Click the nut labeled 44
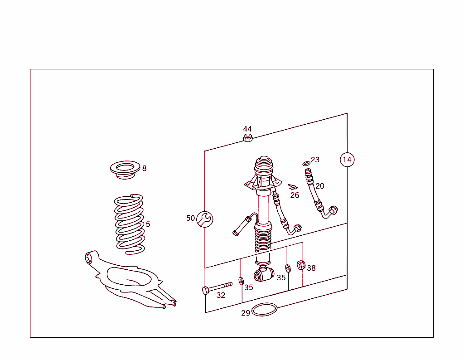pyautogui.click(x=247, y=138)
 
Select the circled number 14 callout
pyautogui.click(x=347, y=160)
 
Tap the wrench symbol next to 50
pyautogui.click(x=205, y=219)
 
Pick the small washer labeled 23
pyautogui.click(x=306, y=163)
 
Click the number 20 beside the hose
pyautogui.click(x=320, y=186)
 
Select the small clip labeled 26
pyautogui.click(x=293, y=187)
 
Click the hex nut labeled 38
pyautogui.click(x=300, y=265)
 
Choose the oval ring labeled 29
pyautogui.click(x=264, y=310)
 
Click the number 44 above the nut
pyautogui.click(x=247, y=129)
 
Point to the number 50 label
pyautogui.click(x=190, y=218)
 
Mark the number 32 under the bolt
pyautogui.click(x=221, y=295)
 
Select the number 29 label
pyautogui.click(x=246, y=313)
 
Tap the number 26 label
pyautogui.click(x=295, y=195)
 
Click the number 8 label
pyautogui.click(x=144, y=168)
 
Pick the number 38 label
pyautogui.click(x=311, y=268)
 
